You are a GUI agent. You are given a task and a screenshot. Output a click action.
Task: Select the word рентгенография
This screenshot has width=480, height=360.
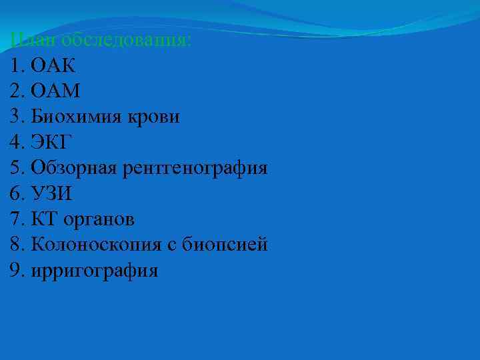click(x=195, y=168)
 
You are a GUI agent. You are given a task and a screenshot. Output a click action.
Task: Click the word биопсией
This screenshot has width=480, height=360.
click(x=225, y=245)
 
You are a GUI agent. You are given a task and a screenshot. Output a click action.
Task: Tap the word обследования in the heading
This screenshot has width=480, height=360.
click(x=125, y=40)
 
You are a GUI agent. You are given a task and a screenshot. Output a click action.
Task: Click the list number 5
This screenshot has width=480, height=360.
click(x=16, y=168)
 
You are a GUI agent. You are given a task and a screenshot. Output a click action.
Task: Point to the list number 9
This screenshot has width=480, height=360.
click(x=16, y=270)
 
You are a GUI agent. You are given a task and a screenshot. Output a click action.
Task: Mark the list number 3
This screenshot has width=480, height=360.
click(x=16, y=117)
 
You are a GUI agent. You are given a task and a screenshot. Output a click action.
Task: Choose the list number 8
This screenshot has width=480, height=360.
click(x=16, y=245)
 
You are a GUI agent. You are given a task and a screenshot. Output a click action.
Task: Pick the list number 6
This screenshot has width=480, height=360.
click(x=16, y=193)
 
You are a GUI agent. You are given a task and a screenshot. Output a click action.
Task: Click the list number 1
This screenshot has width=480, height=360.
click(x=16, y=66)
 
